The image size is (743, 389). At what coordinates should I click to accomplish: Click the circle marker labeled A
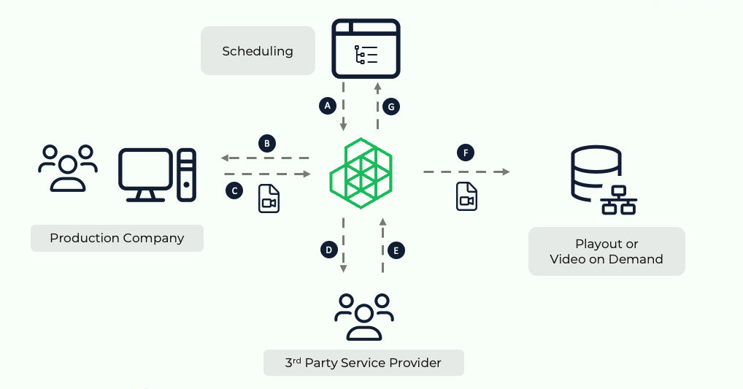[328, 106]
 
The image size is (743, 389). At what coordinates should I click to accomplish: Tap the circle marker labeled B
[268, 143]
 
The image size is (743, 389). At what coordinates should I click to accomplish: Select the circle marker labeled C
[234, 190]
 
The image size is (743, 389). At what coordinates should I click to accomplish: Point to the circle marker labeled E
[396, 250]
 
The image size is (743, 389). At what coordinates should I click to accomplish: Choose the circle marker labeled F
[465, 153]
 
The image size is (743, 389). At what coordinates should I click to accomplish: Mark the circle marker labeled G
[391, 107]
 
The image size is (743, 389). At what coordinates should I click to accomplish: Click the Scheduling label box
[258, 51]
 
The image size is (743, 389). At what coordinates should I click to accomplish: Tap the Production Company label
[117, 238]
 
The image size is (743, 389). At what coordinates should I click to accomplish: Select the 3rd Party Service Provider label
[363, 363]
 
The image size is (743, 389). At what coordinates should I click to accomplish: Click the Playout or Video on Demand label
[607, 251]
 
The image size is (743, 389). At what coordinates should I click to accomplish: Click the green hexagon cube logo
[361, 172]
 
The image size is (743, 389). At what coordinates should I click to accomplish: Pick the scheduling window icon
[366, 48]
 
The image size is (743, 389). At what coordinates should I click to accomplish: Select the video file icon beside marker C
[269, 199]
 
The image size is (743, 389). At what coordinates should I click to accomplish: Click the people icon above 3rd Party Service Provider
[363, 316]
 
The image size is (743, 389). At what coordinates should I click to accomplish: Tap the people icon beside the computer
[68, 168]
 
